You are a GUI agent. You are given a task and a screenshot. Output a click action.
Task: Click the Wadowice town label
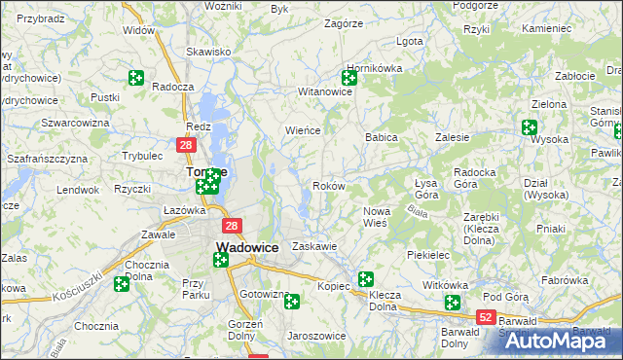247,247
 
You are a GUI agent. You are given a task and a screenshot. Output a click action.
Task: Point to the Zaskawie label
314,246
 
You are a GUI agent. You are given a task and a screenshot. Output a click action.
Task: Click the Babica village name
382,138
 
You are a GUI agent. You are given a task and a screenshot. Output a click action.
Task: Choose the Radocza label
172,86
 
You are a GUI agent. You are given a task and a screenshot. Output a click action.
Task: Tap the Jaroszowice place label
316,336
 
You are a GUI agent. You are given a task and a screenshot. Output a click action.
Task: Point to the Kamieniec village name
546,28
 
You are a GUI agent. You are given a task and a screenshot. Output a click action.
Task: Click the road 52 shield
487,317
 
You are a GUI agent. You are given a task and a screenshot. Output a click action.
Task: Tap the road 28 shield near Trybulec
187,145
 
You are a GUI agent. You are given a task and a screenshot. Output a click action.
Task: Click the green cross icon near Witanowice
349,77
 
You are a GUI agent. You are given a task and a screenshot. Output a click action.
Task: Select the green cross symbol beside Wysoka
530,126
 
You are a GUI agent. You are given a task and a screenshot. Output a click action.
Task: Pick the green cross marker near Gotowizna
291,302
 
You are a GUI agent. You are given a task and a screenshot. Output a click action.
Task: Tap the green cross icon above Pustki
136,78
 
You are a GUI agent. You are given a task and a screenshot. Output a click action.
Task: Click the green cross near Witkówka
452,303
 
